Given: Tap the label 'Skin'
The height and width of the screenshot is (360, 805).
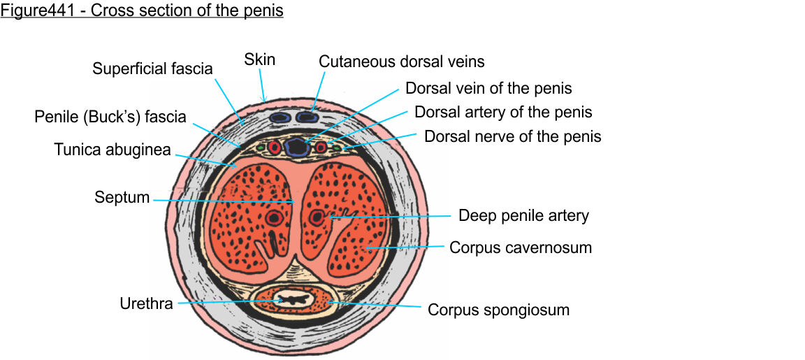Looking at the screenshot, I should click(259, 60).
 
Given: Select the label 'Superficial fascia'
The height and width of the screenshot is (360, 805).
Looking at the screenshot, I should click(152, 69).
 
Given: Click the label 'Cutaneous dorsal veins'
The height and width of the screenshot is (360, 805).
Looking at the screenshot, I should click(401, 62).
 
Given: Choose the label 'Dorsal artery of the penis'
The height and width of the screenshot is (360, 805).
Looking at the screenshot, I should click(503, 112).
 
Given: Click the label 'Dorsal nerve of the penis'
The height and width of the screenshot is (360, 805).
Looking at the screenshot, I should click(512, 136).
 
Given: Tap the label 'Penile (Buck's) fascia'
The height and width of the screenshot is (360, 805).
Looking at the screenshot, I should click(110, 117).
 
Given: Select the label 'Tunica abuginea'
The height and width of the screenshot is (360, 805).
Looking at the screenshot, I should click(113, 150).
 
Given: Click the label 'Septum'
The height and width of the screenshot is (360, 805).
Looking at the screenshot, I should click(122, 198).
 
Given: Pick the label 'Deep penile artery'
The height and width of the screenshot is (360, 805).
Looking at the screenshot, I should click(523, 215).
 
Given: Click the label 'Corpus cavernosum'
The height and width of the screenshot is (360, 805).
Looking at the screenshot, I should click(520, 247).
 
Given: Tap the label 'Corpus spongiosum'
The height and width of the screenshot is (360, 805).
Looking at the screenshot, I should click(498, 309).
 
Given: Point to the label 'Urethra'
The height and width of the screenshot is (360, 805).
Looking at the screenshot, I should click(146, 304).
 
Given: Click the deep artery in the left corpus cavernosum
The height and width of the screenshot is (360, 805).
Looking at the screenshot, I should click(273, 219).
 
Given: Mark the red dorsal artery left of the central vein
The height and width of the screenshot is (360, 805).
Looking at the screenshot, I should click(274, 147).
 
